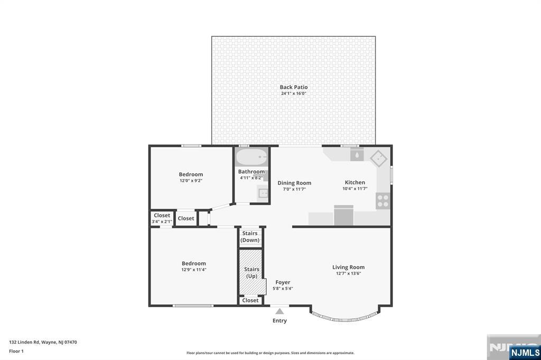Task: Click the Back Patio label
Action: point(294,87)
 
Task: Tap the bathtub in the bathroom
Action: point(251,157)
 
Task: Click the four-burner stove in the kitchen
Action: point(383,201)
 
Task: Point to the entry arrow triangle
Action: point(279,311)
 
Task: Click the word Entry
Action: point(279,321)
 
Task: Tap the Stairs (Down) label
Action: point(250,237)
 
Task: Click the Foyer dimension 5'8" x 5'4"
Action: point(283,289)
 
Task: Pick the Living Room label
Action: point(349,267)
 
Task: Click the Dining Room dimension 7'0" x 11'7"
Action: point(294,189)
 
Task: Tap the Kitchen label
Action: point(355,183)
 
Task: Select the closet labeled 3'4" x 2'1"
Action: point(162,219)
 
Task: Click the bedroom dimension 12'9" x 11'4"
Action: point(194,270)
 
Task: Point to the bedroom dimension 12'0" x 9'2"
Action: point(191,181)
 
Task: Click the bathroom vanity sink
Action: point(263,193)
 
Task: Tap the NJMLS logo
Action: point(525,352)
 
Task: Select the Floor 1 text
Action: point(16,352)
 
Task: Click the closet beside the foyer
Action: point(250,300)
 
